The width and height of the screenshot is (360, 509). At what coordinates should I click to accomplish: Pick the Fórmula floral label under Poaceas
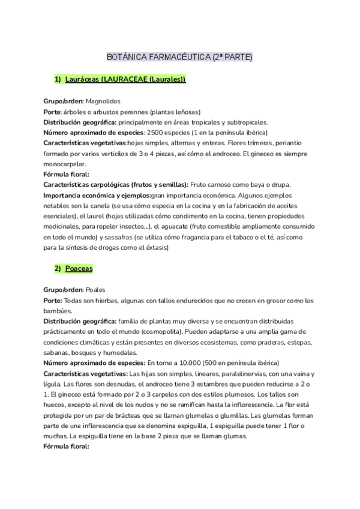pos(66,447)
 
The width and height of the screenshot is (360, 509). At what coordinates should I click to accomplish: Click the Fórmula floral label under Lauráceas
pos(66,174)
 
